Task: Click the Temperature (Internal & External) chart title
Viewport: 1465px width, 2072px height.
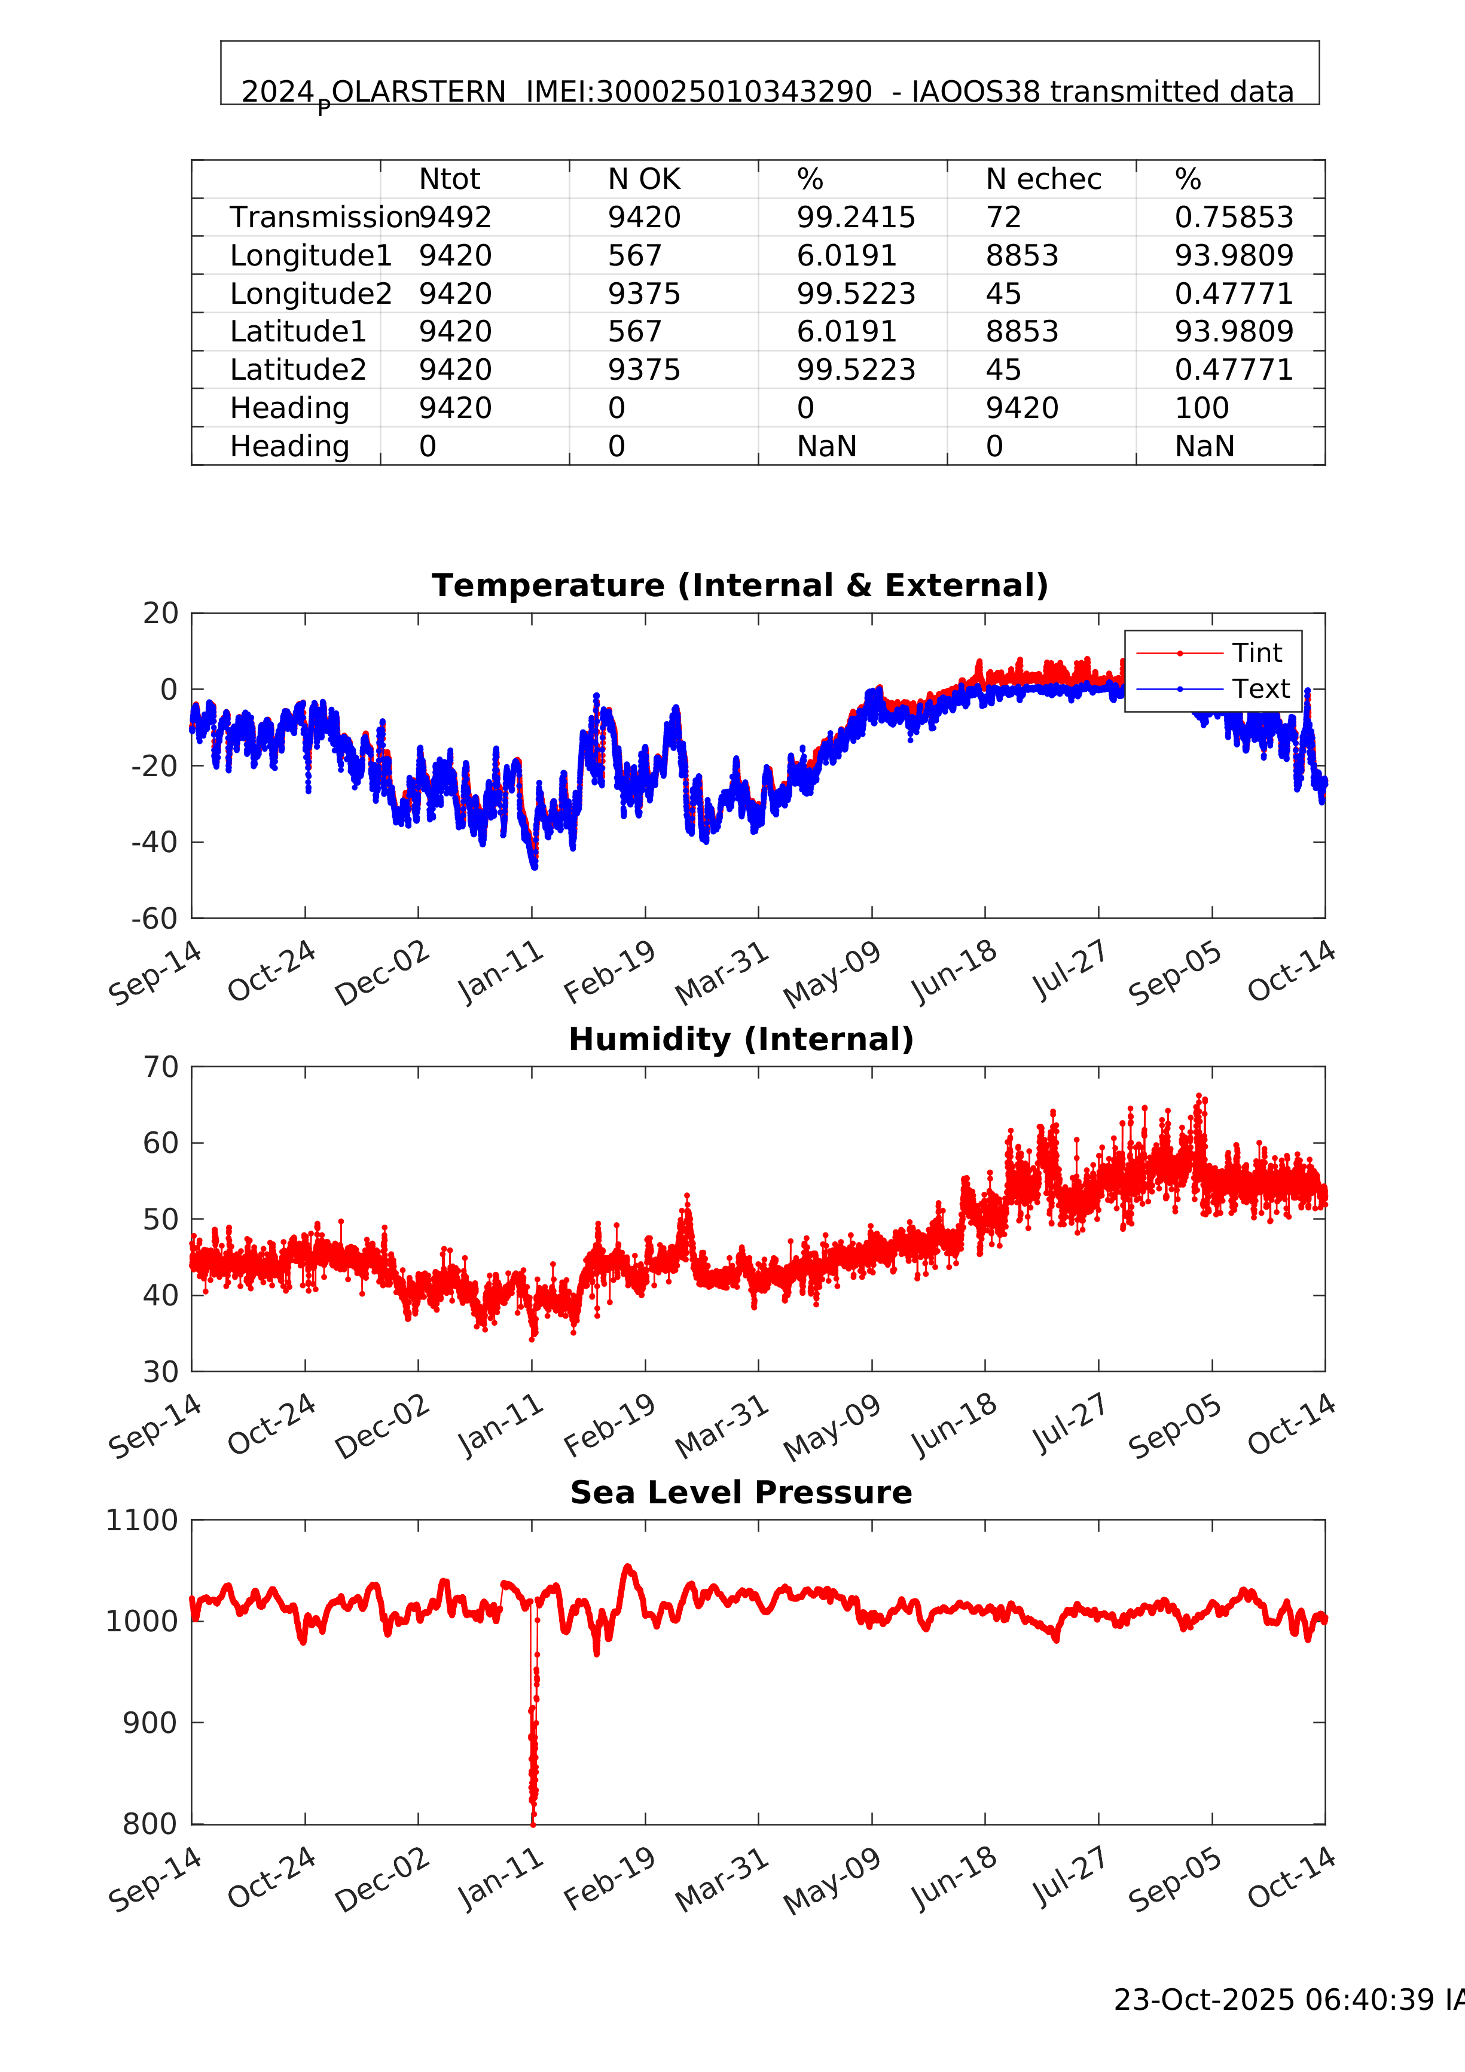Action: [739, 585]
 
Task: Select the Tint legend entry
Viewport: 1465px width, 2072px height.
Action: [1256, 652]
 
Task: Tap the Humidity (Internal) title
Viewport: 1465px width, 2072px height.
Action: [740, 1040]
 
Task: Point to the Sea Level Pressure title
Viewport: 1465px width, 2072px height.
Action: [740, 1493]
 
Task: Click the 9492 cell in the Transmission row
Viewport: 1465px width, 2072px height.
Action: [455, 218]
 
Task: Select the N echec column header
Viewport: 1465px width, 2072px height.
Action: [1043, 179]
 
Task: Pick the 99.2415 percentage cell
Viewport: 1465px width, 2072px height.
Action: [855, 218]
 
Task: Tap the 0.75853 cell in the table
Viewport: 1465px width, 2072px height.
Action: [1233, 218]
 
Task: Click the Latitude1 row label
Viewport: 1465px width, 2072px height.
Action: [298, 332]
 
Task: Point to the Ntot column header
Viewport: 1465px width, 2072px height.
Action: [450, 179]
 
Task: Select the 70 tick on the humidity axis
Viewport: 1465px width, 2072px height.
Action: [161, 1067]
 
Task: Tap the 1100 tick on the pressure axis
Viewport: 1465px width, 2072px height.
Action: [142, 1521]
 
